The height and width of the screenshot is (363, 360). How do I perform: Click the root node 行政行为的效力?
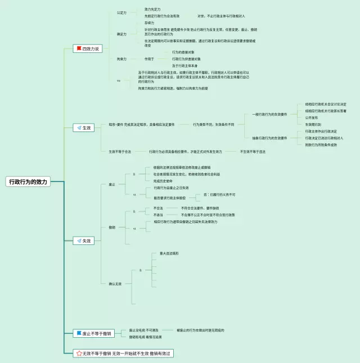29,182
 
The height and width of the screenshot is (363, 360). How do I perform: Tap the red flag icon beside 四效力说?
79,49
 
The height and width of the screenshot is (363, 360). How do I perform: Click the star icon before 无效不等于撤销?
79,353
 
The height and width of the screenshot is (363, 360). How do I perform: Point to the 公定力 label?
121,12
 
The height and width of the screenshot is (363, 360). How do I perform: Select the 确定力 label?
121,34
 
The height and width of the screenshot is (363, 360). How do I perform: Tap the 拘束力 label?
121,58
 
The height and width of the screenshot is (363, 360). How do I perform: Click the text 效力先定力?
152,9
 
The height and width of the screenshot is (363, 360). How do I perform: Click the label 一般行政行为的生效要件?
269,115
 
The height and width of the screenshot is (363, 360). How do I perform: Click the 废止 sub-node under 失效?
111,184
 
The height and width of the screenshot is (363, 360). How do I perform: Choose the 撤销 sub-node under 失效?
111,226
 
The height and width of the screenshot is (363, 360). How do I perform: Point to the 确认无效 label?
115,284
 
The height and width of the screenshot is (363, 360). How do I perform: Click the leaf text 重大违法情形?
169,253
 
